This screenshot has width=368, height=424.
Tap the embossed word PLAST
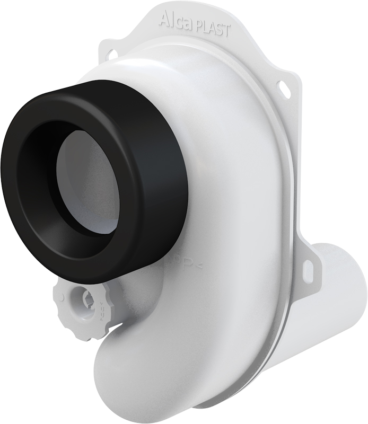point(213,29)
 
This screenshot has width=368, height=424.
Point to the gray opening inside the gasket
point(90,183)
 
